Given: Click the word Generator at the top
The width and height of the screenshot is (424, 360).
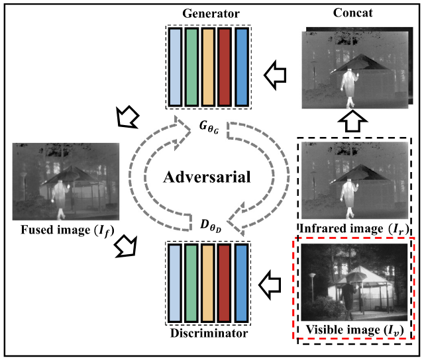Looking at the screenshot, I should click(208, 13).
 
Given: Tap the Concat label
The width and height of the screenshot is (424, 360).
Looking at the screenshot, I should click(350, 13).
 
